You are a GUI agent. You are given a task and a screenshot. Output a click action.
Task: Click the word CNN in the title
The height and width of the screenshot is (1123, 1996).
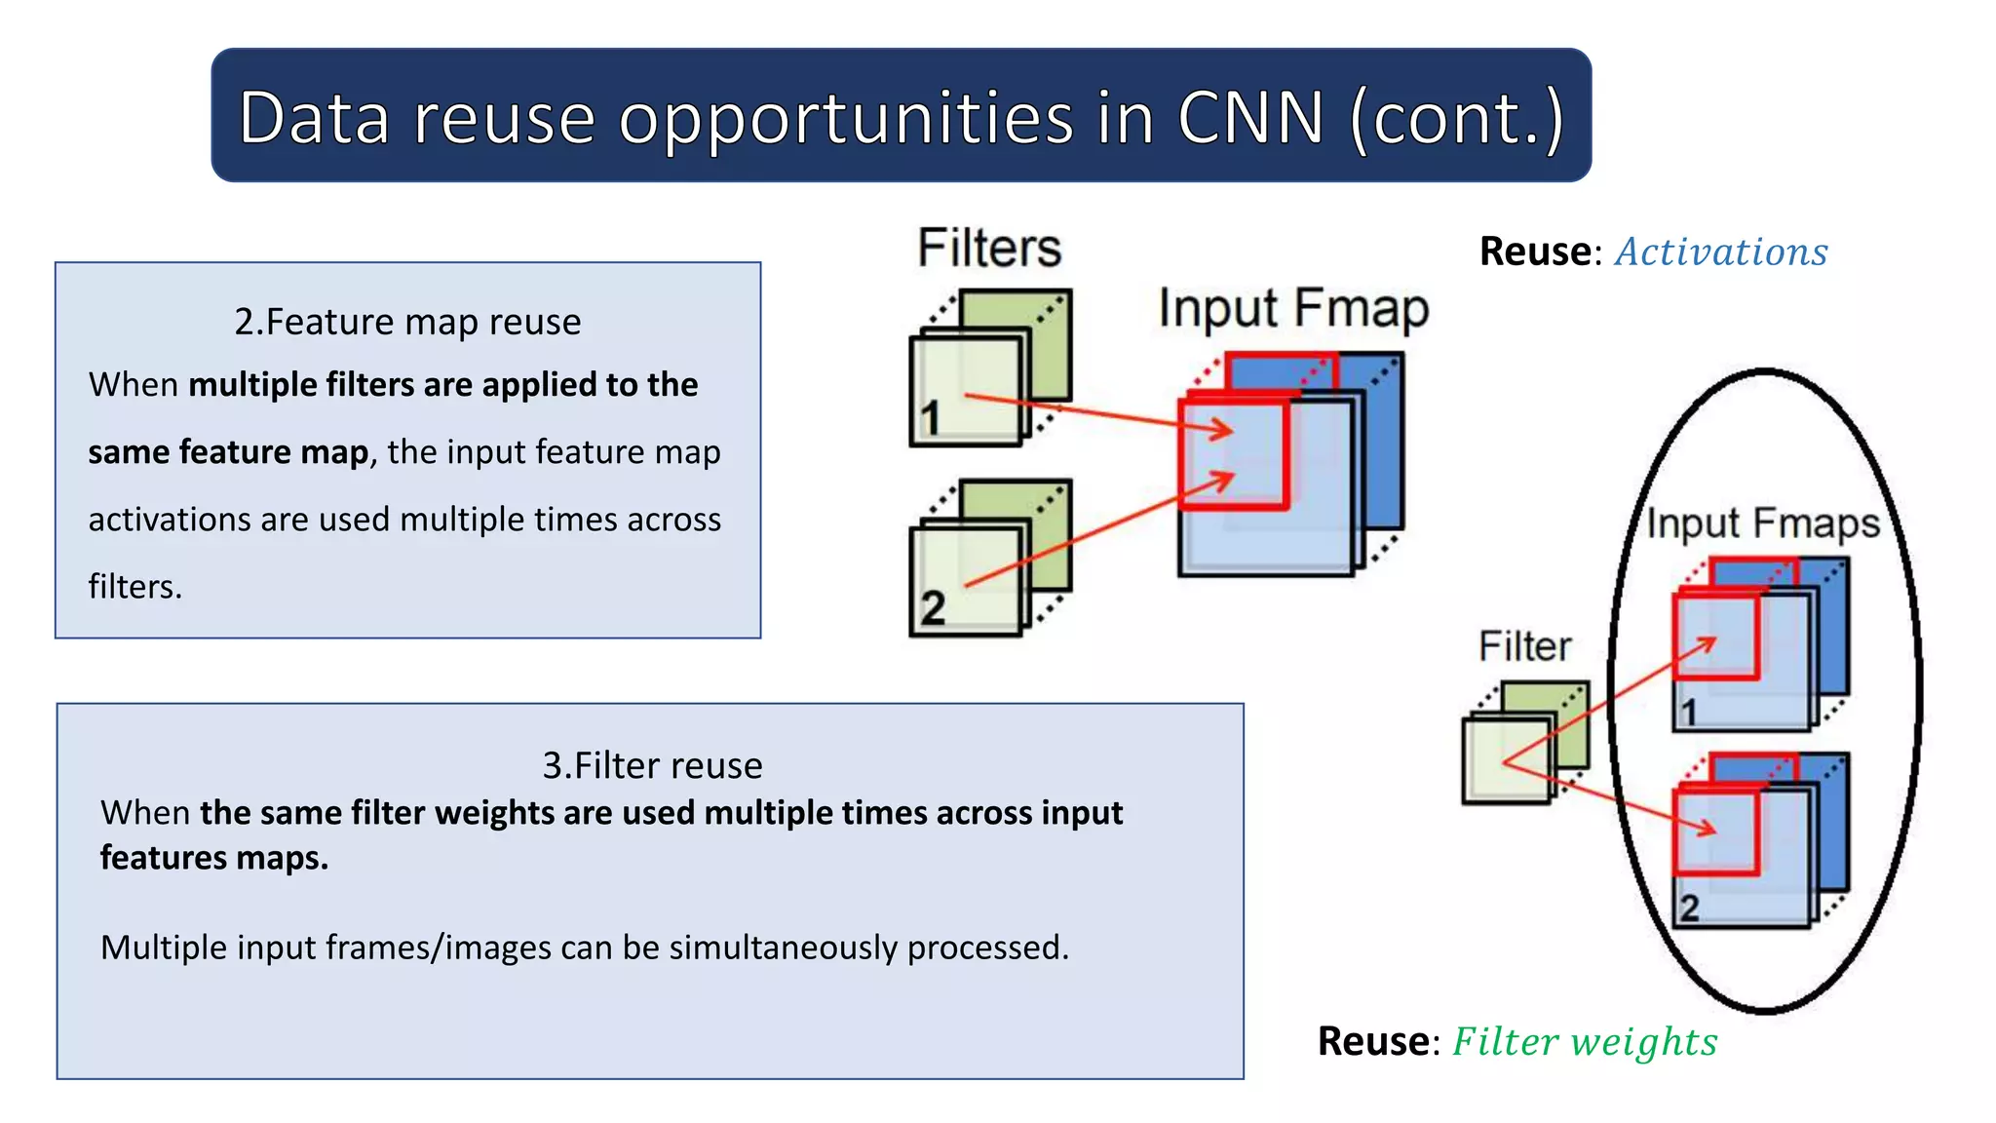1250,118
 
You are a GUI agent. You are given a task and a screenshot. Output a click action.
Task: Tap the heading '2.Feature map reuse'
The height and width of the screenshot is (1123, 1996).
407,322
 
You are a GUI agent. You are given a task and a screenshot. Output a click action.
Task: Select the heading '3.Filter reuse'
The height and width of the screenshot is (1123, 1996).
652,765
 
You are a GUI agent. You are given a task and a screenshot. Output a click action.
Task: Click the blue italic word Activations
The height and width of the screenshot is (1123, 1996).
1721,252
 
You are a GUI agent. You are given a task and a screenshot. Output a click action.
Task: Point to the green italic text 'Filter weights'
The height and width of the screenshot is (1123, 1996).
1585,1042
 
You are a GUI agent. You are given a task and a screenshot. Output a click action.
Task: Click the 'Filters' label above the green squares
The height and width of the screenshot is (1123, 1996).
989,248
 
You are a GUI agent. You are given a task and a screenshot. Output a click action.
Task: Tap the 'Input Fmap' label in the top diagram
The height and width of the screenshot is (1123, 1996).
1293,309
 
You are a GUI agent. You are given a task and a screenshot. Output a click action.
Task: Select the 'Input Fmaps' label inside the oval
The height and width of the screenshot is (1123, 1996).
1762,523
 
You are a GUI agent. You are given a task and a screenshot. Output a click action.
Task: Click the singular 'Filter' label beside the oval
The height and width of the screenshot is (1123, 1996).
1524,646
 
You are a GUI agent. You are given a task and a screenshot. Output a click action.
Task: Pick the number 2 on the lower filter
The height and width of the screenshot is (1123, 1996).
933,608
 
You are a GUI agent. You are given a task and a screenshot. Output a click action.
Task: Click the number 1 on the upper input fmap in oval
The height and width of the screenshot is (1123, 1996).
1689,713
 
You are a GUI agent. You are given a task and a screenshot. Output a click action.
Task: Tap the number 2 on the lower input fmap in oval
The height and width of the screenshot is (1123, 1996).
1689,909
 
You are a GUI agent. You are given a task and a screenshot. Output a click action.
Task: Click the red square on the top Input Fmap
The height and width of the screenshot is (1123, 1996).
1234,454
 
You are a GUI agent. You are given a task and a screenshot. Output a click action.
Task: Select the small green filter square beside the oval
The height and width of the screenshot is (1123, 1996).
1507,760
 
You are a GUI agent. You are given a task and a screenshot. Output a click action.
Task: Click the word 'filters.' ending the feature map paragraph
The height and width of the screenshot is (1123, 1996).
135,587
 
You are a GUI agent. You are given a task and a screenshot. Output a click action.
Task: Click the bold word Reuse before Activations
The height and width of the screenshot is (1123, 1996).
1534,252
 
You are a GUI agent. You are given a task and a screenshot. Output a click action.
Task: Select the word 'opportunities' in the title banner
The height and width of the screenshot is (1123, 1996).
845,118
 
